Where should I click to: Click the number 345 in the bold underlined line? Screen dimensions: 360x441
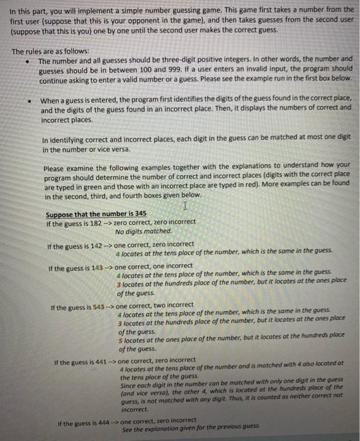pyautogui.click(x=140, y=214)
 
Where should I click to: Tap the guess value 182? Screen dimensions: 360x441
pyautogui.click(x=93, y=222)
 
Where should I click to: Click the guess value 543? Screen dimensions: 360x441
pyautogui.click(x=97, y=306)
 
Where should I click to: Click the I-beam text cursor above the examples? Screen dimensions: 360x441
pyautogui.click(x=184, y=205)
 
